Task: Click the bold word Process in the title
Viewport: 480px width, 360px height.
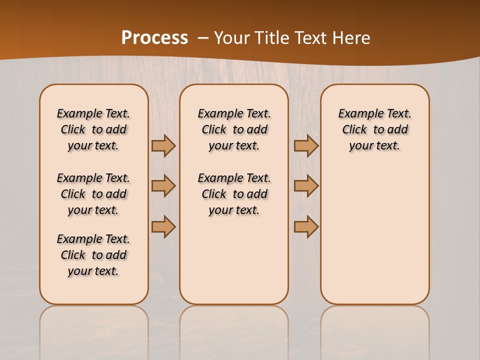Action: coord(154,38)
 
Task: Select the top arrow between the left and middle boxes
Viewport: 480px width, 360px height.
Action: coord(163,145)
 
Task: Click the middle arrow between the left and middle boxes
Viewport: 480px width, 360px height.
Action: coord(163,186)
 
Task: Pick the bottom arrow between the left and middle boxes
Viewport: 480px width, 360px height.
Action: coord(163,226)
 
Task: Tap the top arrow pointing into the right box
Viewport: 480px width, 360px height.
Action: coord(306,145)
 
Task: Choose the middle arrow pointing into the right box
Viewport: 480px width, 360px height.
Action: coord(306,186)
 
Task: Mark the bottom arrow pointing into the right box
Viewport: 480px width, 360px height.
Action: coord(306,226)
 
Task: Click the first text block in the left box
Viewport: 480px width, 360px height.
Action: coord(93,129)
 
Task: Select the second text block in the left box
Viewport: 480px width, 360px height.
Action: coord(93,194)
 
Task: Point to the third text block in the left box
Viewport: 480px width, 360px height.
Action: coord(93,255)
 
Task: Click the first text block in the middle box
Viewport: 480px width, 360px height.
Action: coord(234,129)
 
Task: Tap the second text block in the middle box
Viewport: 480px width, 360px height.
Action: coord(234,194)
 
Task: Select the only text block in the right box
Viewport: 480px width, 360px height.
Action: coord(374,129)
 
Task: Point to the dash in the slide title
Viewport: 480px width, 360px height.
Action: coord(203,38)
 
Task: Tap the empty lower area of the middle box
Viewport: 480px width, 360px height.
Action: coord(234,260)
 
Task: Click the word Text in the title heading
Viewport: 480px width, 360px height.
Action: coord(309,38)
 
